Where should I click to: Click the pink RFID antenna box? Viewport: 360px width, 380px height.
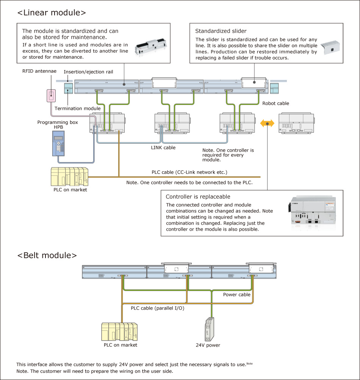point(51,95)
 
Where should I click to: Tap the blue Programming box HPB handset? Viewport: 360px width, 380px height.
point(58,145)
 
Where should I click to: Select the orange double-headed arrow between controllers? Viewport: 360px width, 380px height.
point(268,123)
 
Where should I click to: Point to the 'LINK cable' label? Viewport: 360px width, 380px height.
point(163,147)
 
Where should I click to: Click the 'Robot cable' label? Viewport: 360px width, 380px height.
point(275,103)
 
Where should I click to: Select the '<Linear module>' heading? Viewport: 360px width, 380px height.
point(52,12)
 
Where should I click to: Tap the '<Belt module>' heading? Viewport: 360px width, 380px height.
point(47,255)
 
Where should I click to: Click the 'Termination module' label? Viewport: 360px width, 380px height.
point(78,108)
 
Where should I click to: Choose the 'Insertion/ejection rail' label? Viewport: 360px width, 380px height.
point(88,72)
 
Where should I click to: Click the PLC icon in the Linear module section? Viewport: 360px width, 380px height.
point(69,177)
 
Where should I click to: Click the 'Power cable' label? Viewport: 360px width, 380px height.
point(236,294)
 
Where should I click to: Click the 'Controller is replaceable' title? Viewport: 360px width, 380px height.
point(198,197)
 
